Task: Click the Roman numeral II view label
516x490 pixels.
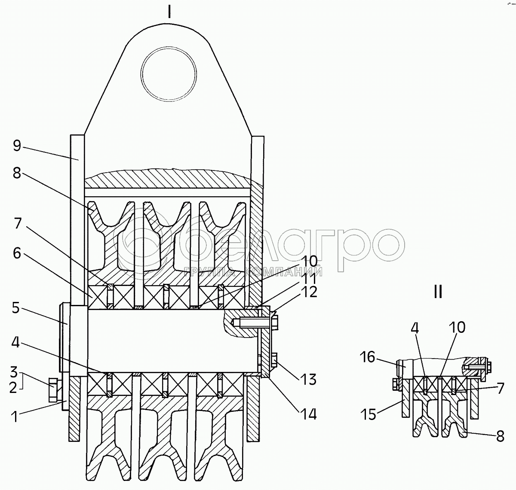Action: (438, 292)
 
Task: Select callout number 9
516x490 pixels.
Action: (16, 146)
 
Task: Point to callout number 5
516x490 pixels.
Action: (15, 308)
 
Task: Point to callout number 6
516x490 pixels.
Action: (16, 253)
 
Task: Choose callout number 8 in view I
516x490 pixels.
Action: (16, 174)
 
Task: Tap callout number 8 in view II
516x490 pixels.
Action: (500, 436)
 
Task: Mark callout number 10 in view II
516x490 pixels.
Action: (458, 328)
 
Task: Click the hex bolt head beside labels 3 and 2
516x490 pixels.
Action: (53, 390)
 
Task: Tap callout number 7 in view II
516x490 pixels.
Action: (499, 389)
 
